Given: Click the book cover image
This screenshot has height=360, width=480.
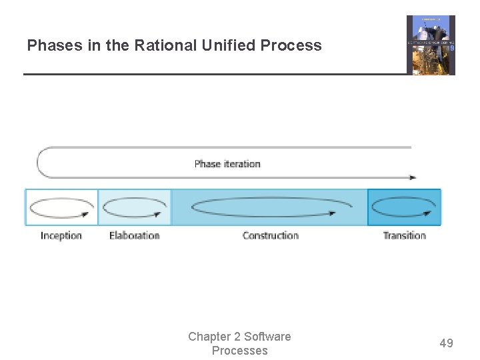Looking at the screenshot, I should [431, 45].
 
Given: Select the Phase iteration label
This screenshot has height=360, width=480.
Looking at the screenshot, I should [227, 164].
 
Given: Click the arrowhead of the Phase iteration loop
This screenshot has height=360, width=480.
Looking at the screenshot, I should [413, 178].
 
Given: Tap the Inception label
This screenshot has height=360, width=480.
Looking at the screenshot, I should [61, 235].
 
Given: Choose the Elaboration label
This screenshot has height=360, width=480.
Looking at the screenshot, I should [135, 235].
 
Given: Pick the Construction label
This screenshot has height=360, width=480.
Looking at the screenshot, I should [270, 235].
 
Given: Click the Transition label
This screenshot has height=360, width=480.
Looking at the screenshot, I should [404, 235].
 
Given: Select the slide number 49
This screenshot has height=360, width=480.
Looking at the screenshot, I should [446, 343].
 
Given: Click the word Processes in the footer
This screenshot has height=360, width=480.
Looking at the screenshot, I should [239, 351].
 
